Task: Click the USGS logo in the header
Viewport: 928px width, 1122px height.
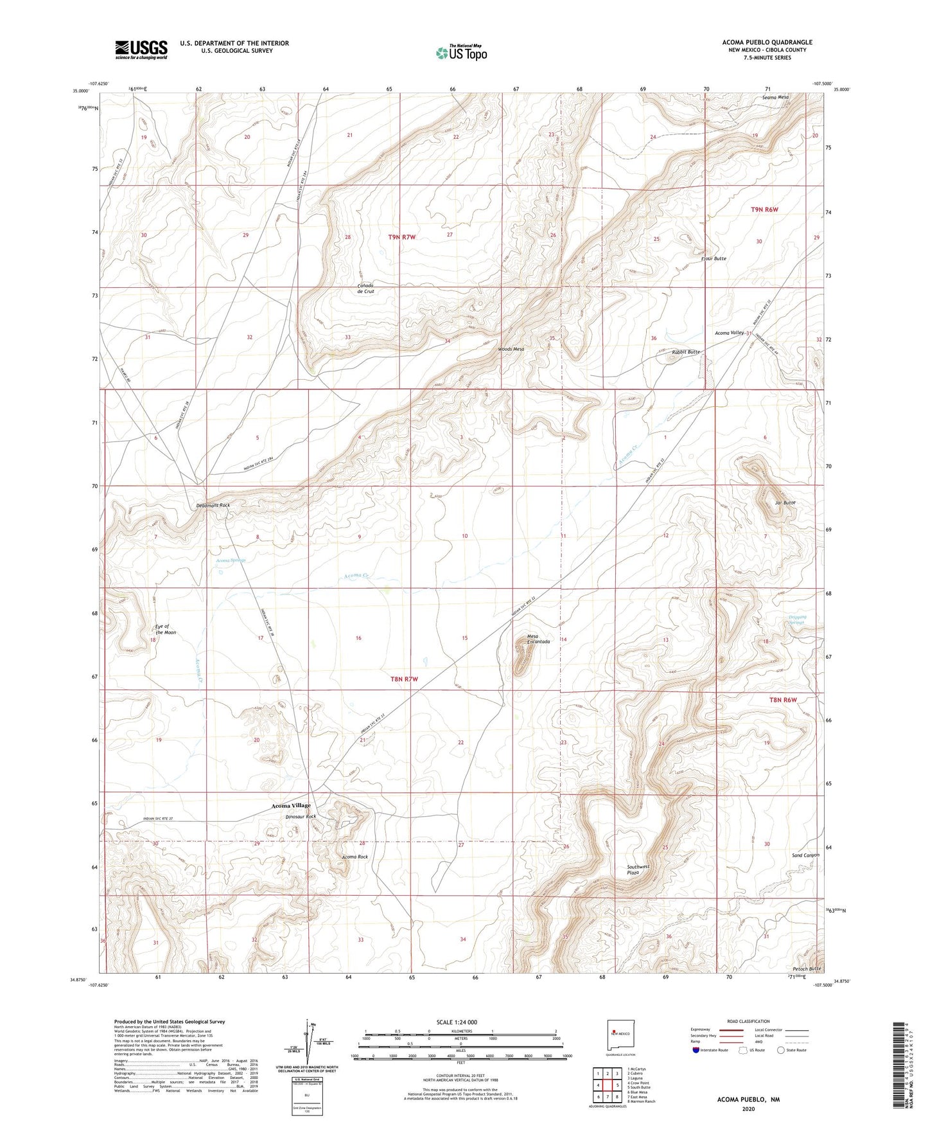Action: click(141, 49)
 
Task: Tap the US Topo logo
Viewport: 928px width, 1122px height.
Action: click(460, 53)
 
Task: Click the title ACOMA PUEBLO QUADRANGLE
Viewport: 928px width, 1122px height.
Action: click(767, 42)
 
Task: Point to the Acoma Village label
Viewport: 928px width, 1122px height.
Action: click(290, 805)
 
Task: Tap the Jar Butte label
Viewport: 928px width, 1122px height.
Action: click(785, 503)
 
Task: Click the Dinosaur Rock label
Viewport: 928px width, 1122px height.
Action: click(301, 817)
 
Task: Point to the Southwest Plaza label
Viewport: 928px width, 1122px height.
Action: click(638, 870)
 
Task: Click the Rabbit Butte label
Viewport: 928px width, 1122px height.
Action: click(685, 352)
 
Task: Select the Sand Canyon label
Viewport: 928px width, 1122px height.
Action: click(805, 855)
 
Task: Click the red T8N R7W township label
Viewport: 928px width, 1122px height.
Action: click(404, 679)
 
